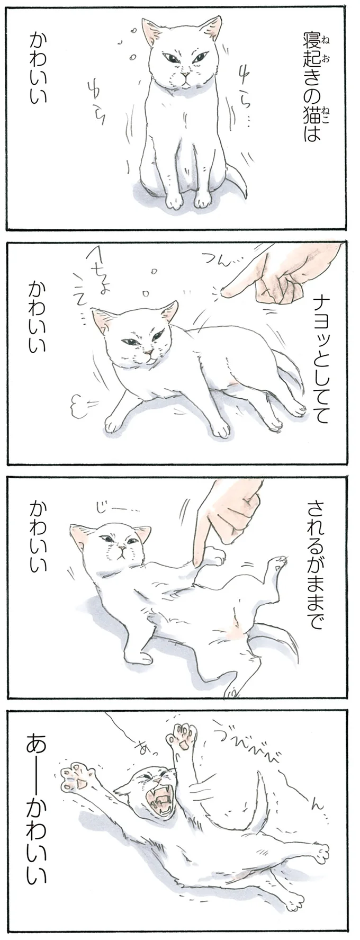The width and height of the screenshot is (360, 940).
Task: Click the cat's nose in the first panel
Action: tap(183, 78)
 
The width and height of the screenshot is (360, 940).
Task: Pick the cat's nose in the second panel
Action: tap(150, 351)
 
